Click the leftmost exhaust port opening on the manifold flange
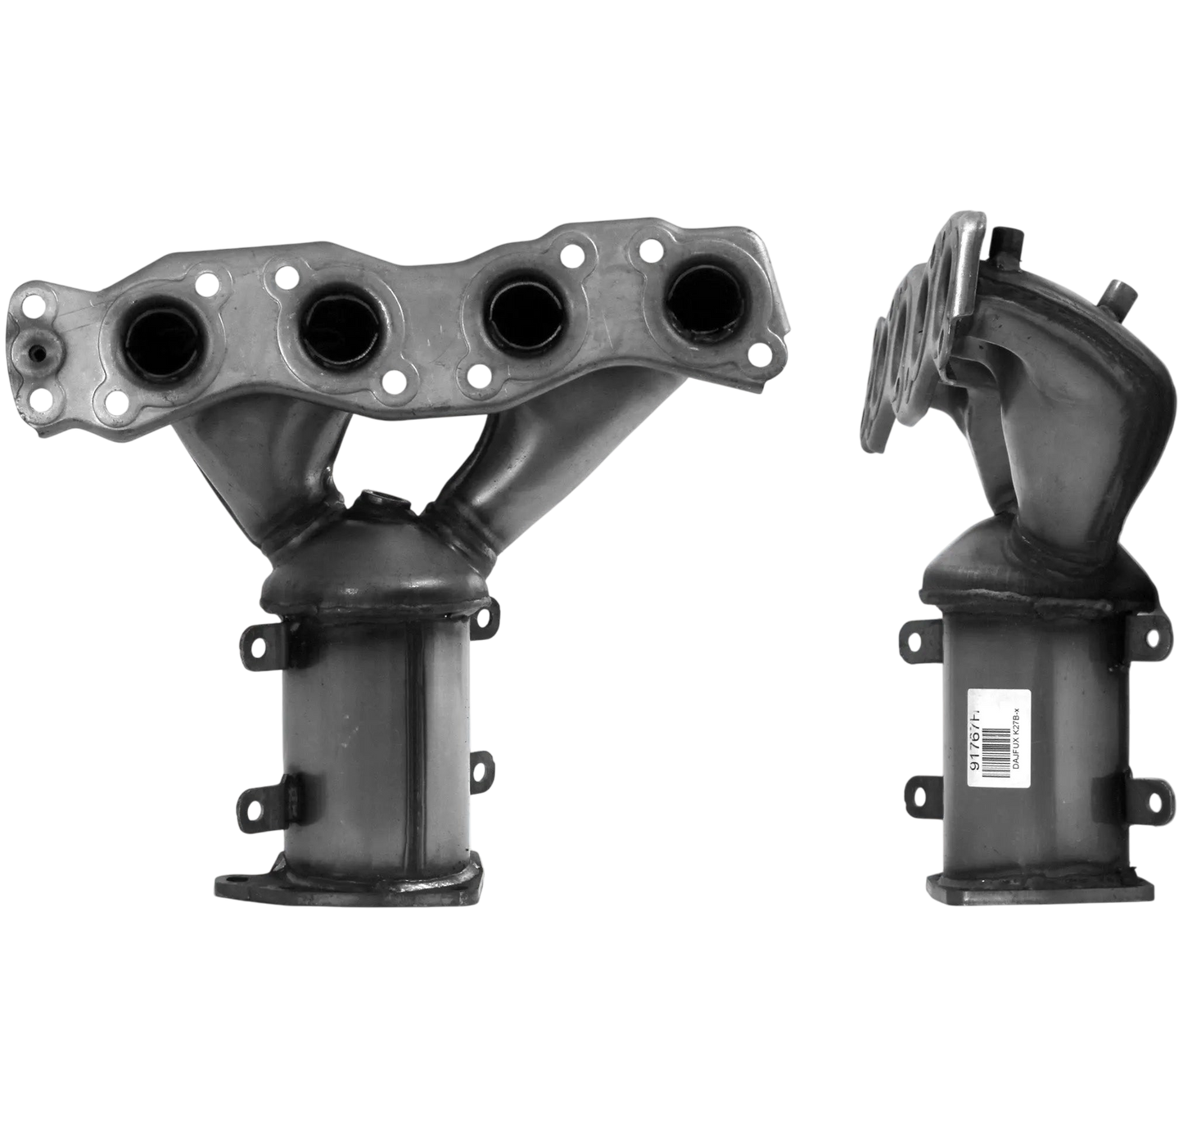tap(157, 343)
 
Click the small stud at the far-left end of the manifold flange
tap(38, 353)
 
